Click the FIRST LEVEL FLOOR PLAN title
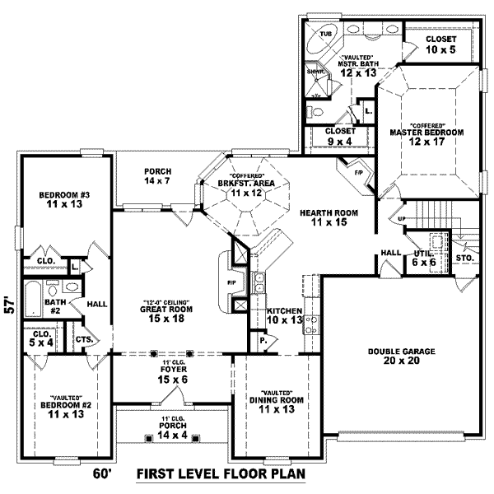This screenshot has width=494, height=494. [x=220, y=473]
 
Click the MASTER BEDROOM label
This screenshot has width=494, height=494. [x=426, y=132]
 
